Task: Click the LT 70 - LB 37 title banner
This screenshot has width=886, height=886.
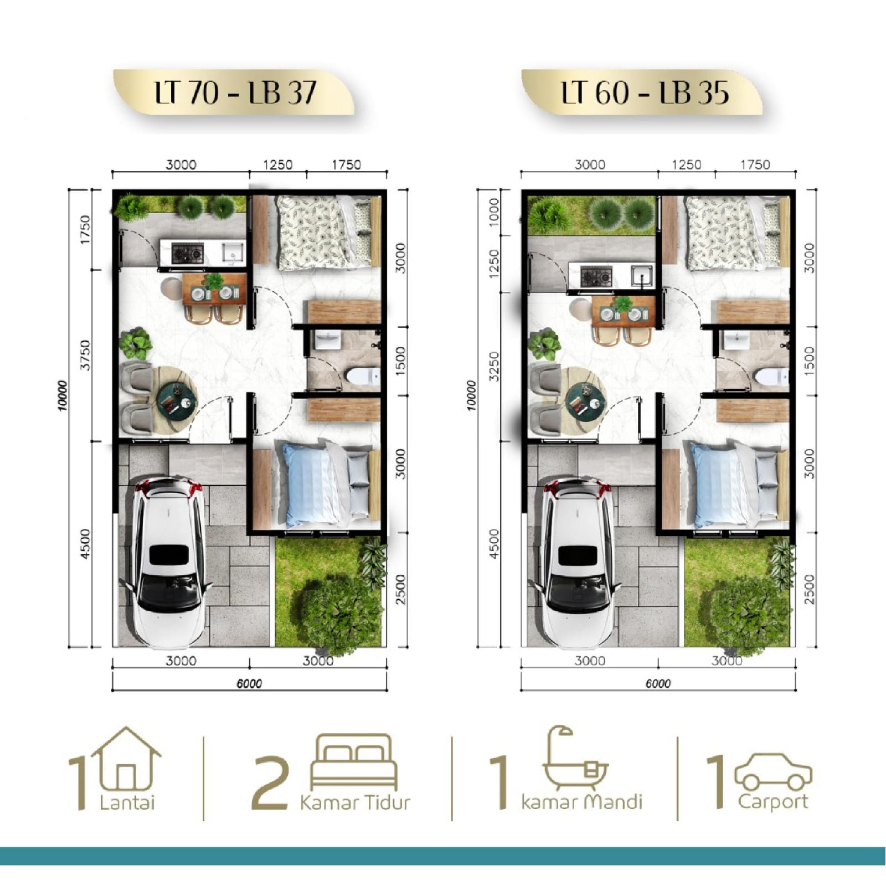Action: pos(234,92)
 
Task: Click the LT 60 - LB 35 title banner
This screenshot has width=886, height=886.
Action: pos(642,92)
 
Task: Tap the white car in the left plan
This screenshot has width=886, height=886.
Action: pos(167,562)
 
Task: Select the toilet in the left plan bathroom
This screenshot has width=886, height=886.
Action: pos(363,376)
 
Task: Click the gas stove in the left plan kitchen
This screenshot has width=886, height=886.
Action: pos(187,254)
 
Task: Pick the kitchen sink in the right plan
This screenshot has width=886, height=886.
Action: pos(642,275)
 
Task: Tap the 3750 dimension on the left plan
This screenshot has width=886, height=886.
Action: pos(85,355)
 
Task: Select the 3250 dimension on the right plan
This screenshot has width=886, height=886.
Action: pos(494,366)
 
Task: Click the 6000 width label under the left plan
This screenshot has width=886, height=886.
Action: pos(249,683)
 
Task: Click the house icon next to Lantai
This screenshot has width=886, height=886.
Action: pos(127,758)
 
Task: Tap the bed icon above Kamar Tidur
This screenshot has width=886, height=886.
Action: pos(354,761)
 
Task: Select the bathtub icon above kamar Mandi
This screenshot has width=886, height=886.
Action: pos(576,758)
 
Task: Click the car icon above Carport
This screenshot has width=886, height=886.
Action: pos(773,771)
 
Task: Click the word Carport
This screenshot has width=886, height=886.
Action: pos(773,802)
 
